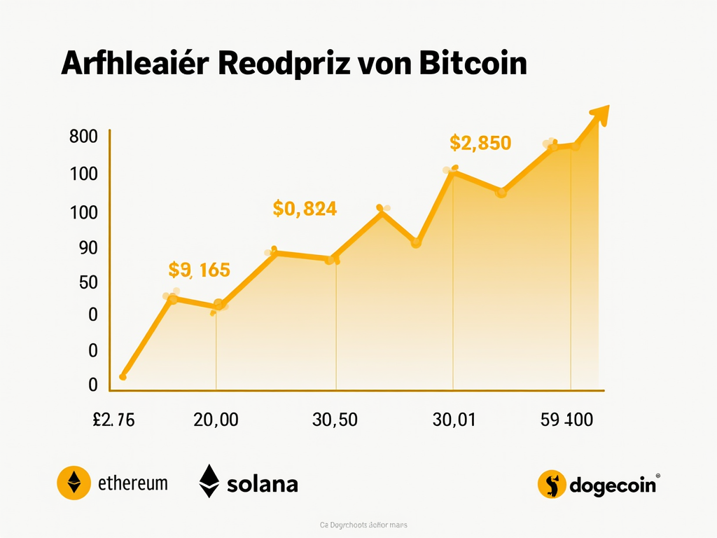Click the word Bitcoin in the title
coord(473,64)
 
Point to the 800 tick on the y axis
coord(83,137)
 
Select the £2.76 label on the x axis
coord(113,420)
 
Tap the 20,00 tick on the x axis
coord(215,420)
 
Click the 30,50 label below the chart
coord(335,420)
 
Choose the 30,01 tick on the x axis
coord(454,420)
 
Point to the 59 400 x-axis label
coord(566,420)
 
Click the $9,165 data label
coord(200,269)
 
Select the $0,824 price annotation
coord(305,208)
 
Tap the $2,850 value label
coord(480,144)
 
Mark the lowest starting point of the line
coord(123,377)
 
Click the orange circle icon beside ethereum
coord(74,483)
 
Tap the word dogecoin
coord(613,484)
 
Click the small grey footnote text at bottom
coord(364,525)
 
